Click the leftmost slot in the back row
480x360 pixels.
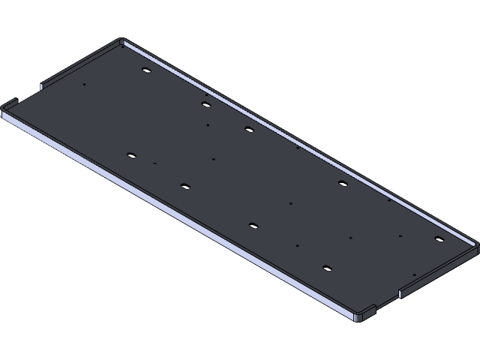[146, 70]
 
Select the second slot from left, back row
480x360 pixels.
[205, 104]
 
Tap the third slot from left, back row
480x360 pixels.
[249, 129]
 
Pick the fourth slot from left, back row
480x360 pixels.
[343, 183]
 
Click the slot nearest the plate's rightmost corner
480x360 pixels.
[439, 239]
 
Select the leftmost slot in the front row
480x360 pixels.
[131, 156]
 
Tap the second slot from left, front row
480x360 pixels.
[185, 186]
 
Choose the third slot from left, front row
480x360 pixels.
[253, 225]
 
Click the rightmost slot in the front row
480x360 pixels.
[327, 268]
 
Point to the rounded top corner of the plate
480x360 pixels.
[121, 41]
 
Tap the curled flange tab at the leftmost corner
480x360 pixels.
[9, 103]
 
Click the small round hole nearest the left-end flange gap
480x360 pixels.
[84, 84]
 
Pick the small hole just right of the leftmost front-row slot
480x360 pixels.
[154, 163]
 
